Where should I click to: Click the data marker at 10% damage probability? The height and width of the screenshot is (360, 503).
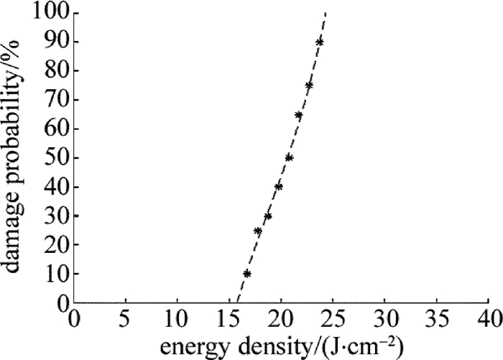pos(246,273)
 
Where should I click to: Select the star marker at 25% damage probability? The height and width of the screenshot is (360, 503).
pos(257,231)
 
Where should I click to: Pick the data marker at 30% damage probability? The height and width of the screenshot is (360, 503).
pos(268,216)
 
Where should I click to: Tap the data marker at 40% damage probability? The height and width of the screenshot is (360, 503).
pos(278,187)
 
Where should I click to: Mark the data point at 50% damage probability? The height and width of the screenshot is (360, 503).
pos(289,157)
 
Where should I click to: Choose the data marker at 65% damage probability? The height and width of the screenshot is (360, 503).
pos(299,115)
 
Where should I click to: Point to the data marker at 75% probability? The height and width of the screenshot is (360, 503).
pos(309,86)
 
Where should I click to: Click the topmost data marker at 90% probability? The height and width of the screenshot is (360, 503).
pos(320,42)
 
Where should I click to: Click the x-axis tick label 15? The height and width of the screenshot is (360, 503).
pos(229,318)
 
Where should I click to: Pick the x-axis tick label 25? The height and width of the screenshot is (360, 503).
pos(332,318)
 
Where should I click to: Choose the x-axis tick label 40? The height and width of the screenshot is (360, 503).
pos(487,318)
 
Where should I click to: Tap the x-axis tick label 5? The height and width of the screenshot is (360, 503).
pos(125,318)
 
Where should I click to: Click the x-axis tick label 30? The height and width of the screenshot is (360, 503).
pos(384,318)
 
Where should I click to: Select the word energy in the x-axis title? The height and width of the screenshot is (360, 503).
pos(187,346)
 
